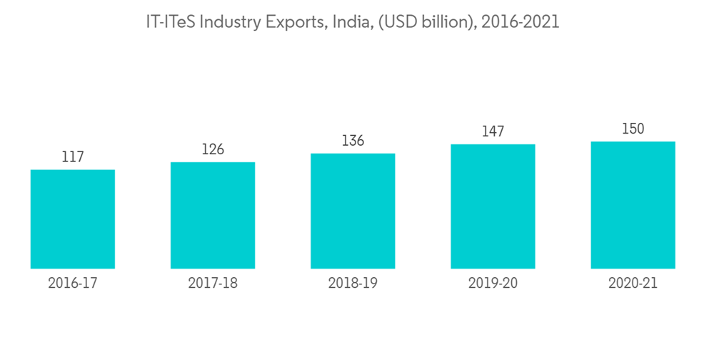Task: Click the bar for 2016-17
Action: click(73, 219)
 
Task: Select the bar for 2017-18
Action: click(213, 215)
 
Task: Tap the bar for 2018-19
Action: click(353, 211)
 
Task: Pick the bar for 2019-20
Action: click(493, 206)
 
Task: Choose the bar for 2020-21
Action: click(633, 205)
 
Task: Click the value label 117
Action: click(73, 157)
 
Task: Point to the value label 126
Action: click(213, 149)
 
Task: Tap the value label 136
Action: click(353, 141)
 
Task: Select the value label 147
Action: click(493, 131)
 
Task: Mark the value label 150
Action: click(633, 129)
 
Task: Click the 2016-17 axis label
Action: click(73, 284)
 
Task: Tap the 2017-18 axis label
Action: click(213, 284)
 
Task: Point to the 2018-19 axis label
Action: click(353, 284)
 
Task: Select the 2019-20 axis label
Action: click(493, 284)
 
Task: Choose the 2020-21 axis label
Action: click(633, 284)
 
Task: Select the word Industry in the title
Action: click(232, 23)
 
